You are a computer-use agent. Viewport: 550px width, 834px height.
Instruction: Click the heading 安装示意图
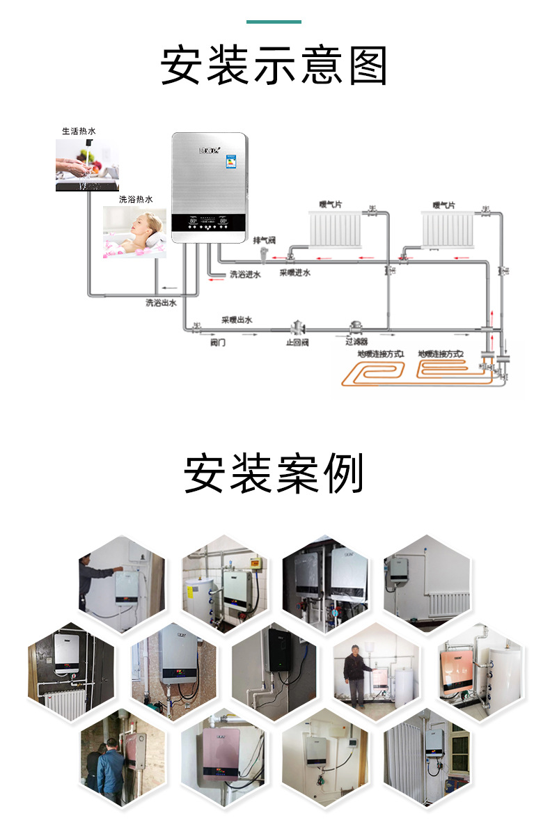click(x=274, y=66)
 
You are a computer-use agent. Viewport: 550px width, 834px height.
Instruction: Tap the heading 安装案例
click(x=274, y=474)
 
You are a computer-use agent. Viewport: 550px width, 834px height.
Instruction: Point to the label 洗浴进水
click(x=245, y=275)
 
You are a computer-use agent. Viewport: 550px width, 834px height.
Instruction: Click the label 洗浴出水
click(x=161, y=303)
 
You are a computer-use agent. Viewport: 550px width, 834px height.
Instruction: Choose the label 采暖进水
click(x=295, y=273)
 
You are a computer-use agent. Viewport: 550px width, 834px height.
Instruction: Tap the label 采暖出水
click(x=237, y=320)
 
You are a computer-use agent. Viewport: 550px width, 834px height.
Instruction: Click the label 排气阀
click(x=265, y=239)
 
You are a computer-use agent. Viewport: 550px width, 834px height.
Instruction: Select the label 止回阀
click(x=297, y=343)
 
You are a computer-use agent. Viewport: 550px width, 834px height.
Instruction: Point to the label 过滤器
click(x=357, y=343)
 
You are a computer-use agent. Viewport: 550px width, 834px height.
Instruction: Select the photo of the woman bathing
click(x=134, y=232)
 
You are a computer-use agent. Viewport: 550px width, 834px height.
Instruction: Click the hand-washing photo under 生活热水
click(x=85, y=164)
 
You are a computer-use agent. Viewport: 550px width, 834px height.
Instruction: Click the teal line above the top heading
click(x=274, y=22)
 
